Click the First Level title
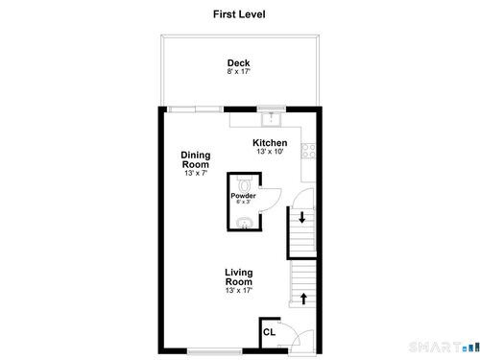pos(239,14)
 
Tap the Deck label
pos(238,62)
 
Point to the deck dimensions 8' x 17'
pos(238,71)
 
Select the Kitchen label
pos(270,143)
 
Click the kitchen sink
pos(271,119)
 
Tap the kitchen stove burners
pos(308,151)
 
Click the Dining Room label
pos(196,159)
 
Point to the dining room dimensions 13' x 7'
pos(196,173)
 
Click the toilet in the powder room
pos(245,183)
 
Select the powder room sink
pos(245,223)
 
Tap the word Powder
pos(243,196)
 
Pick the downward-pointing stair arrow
pos(301,217)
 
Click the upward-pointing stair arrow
pos(303,299)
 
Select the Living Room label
pos(239,277)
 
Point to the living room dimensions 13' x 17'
pos(239,291)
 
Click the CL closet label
pos(269,332)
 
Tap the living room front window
pos(214,351)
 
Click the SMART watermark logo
pos(444,347)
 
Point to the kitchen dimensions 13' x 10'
pos(270,152)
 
